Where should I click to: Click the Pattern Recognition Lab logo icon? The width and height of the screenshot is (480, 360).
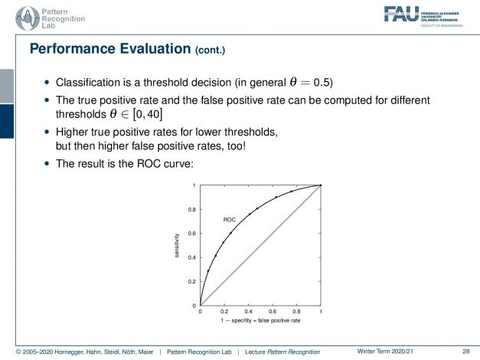coord(28,18)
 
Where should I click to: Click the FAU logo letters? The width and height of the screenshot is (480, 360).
coord(401,14)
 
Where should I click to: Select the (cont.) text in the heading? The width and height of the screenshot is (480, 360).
coord(211,50)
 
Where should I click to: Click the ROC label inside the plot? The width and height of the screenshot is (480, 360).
coord(230,220)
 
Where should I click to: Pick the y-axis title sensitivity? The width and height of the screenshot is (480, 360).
coord(177,245)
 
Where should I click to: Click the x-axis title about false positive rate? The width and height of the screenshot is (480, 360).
coord(260,320)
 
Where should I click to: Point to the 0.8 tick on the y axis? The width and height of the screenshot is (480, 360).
coord(192,210)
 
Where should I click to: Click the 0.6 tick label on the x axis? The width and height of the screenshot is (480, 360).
coord(273,312)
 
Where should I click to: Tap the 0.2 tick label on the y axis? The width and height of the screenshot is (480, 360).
coord(192,282)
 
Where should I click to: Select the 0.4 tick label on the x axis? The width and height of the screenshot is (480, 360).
coord(248,312)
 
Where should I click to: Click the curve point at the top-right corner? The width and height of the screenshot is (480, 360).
coord(321,185)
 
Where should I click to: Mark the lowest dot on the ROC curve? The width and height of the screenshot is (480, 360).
coord(208,271)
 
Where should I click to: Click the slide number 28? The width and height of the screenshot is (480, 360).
coord(466,352)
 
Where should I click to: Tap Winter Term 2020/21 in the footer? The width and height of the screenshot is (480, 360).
coord(385,352)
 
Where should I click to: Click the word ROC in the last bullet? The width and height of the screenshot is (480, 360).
coord(149,164)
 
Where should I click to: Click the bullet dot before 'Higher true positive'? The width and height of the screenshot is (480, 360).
coord(47,132)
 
